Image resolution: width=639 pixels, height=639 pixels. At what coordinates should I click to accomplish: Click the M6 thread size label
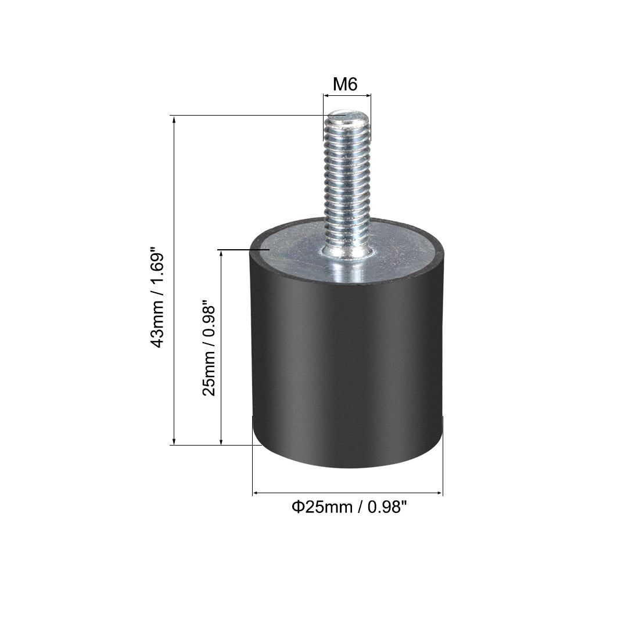click(344, 85)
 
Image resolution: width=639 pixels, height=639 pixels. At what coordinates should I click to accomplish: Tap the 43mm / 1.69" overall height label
click(158, 299)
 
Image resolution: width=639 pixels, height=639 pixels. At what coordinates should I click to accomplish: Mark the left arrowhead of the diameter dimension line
click(254, 494)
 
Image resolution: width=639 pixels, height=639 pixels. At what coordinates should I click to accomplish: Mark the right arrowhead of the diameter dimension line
click(440, 494)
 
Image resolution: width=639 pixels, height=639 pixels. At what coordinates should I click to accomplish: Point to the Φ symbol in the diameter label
click(296, 507)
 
